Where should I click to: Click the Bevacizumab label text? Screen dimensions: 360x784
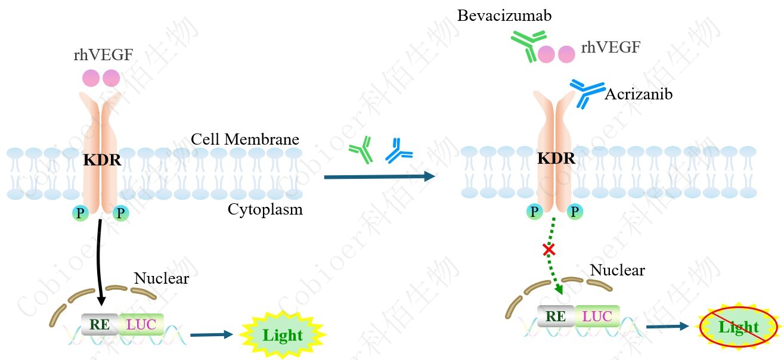point(504,15)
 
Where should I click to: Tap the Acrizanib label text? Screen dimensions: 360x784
point(638,94)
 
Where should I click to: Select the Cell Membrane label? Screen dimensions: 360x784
point(244,139)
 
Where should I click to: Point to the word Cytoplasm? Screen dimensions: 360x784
point(265,209)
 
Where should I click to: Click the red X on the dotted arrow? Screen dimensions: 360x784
point(549,249)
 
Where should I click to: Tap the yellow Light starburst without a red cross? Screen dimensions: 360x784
point(283,335)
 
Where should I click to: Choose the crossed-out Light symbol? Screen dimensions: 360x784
point(738,327)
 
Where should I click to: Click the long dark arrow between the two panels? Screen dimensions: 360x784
point(379,176)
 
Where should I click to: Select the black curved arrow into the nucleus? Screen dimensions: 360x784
point(99,262)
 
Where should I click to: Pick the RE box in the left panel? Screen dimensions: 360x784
point(100,324)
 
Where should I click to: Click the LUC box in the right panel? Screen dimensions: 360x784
point(597,316)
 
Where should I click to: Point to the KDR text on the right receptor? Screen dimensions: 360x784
point(556,159)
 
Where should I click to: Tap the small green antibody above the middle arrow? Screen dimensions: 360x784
point(361,151)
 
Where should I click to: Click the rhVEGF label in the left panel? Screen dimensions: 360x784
point(103,55)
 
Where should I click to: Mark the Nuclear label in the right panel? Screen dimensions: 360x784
point(617,270)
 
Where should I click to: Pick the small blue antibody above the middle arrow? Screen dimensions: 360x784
point(398,151)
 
